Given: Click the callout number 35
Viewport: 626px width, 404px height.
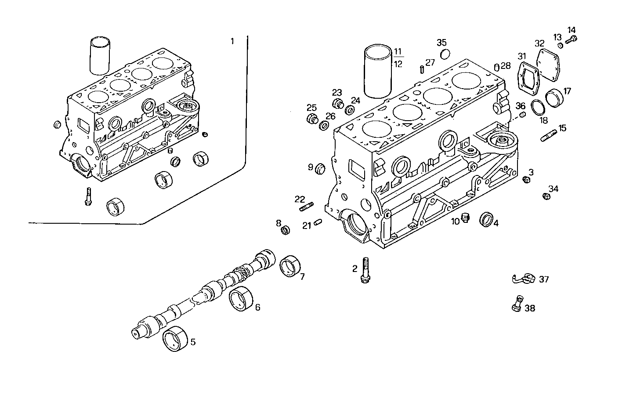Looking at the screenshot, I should tap(441, 42).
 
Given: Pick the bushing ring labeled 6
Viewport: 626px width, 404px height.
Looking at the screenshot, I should tap(241, 300).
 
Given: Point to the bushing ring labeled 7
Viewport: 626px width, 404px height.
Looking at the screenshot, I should tap(290, 266).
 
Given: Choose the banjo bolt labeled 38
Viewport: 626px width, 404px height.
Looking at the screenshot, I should tap(517, 304).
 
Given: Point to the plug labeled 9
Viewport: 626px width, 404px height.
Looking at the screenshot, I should tap(321, 168).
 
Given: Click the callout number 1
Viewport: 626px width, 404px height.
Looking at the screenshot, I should tap(232, 41).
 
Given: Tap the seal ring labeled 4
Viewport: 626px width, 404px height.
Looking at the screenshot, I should tap(486, 219).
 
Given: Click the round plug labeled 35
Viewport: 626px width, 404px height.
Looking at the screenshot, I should tap(445, 54).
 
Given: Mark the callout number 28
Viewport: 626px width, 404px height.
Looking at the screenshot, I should tap(506, 65).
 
